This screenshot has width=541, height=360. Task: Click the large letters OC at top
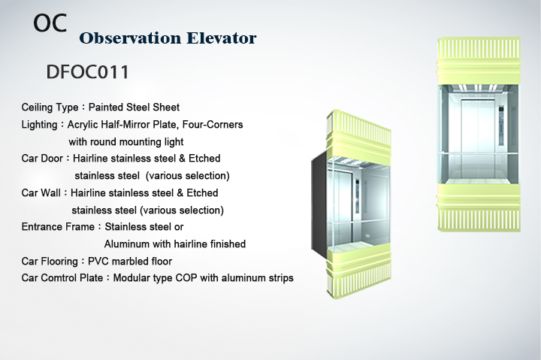coord(50,23)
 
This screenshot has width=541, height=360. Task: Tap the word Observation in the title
coord(130,38)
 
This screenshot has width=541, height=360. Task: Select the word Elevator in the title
coord(222,38)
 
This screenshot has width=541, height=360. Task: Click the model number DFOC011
coord(88,72)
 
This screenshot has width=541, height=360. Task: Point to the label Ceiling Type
coord(50,107)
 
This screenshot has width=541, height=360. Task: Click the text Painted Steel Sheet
coord(134,107)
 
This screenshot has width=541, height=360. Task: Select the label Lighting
coord(39,125)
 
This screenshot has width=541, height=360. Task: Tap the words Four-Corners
coord(213,124)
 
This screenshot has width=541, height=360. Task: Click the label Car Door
coord(42,159)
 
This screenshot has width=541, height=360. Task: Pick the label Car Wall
coord(41,192)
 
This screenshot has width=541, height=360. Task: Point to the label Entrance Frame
coord(58,227)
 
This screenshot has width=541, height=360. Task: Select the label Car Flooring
coord(50,262)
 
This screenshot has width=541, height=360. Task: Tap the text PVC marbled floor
coord(130,262)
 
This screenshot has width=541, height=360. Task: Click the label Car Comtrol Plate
coord(62,278)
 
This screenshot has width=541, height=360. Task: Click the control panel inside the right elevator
coord(500,125)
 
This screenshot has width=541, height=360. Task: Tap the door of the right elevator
coord(478,138)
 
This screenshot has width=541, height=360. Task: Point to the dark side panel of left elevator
coord(319,206)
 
